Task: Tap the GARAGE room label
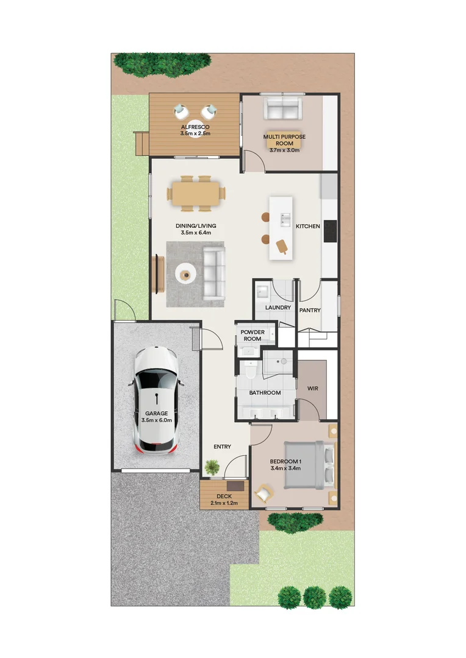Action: pos(156,413)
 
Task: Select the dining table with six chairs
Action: pos(196,193)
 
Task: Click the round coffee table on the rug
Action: pos(186,274)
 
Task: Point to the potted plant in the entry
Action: pos(212,467)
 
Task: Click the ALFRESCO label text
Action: pos(195,127)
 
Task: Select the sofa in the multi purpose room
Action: pos(282,110)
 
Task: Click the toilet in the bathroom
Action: pos(249,370)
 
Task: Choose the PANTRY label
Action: pos(310,310)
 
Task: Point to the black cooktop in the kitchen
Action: pos(330,230)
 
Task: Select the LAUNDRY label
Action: pos(278,308)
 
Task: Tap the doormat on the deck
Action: pos(235,487)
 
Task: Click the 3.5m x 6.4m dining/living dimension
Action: pos(195,233)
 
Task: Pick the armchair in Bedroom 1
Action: pos(263,492)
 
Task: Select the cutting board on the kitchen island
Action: pos(282,246)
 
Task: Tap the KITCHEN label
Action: pos(307,227)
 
